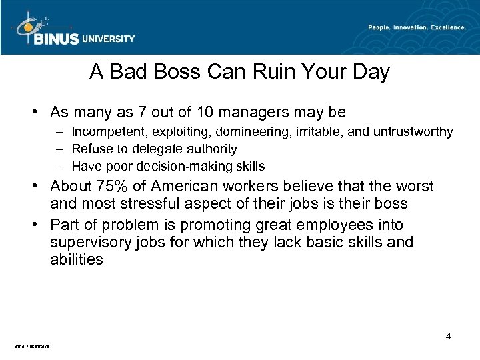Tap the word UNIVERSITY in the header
108,39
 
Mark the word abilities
76,259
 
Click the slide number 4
449,336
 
